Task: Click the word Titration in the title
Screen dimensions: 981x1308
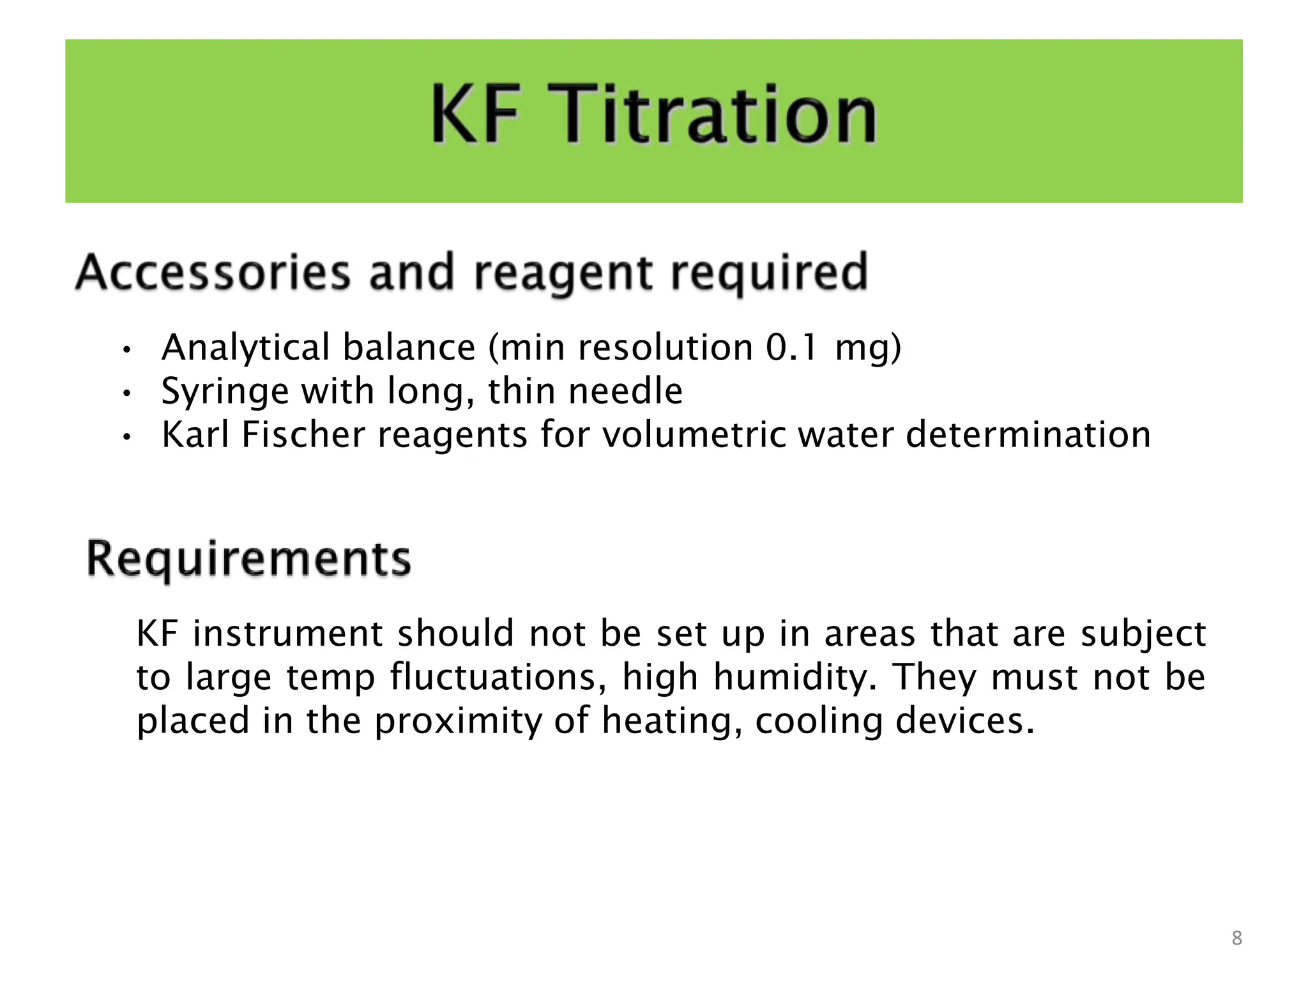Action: coord(719,115)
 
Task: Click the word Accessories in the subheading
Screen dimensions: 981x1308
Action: coord(213,273)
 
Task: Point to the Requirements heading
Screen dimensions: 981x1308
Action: coord(249,559)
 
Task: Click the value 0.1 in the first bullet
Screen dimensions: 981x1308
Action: coord(791,348)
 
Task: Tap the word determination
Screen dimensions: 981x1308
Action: coord(1028,435)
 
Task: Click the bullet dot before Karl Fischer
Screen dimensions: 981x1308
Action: coord(127,437)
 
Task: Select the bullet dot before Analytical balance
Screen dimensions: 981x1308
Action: coord(127,350)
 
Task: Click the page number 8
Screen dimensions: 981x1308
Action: coord(1236,938)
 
